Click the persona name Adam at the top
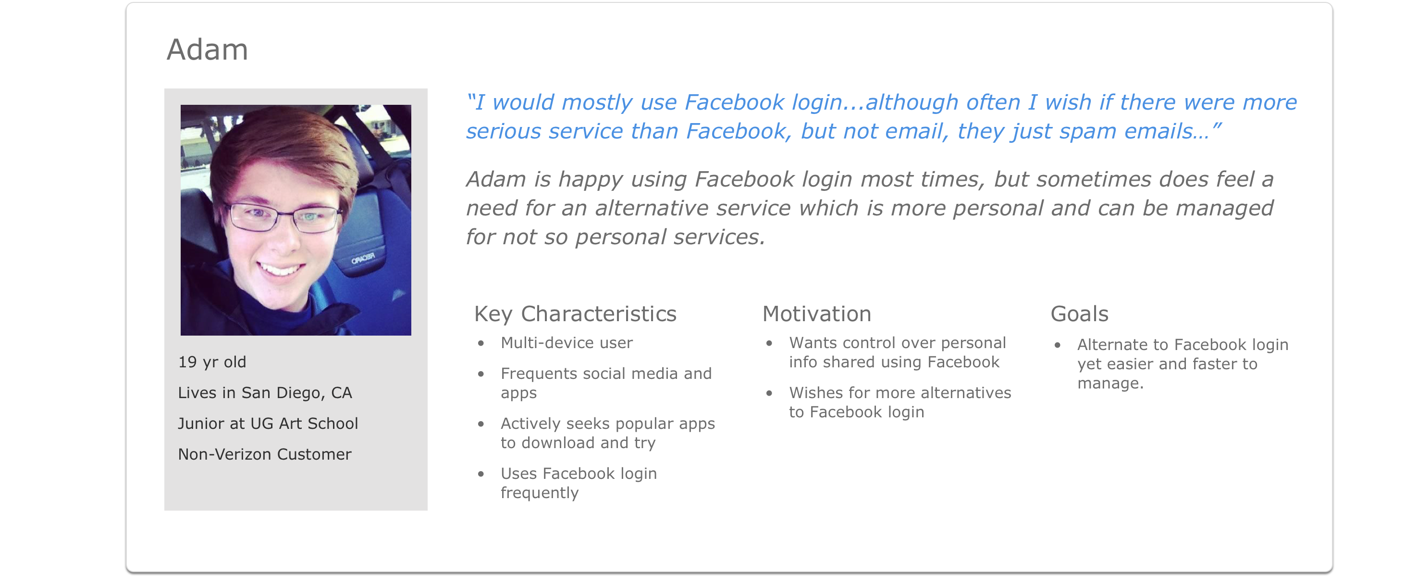207,50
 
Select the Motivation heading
816,314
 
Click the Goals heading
1079,314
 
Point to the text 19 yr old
212,362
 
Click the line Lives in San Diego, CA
265,393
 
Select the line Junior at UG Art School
268,424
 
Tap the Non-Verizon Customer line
265,454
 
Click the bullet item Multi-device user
567,343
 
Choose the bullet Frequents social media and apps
606,383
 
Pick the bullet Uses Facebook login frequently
579,483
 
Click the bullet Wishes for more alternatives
900,402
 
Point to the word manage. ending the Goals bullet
1110,383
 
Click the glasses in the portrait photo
283,217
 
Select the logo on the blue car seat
363,258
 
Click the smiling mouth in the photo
280,269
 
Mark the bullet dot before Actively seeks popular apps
481,424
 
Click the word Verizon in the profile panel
245,454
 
